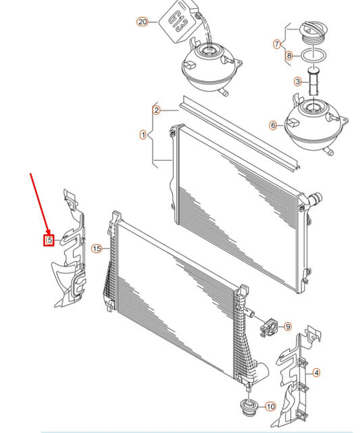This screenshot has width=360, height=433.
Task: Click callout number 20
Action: coord(143,22)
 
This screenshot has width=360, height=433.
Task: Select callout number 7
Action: coord(277,44)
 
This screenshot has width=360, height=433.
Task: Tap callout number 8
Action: coord(289,56)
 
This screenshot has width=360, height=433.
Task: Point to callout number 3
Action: coord(298,82)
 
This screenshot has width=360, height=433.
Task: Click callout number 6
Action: coord(274,126)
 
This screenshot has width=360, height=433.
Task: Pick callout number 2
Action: coord(157,111)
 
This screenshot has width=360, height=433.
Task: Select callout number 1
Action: coord(143,135)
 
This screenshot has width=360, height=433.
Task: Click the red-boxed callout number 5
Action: coord(49,240)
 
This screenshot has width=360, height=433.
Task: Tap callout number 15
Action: coord(97,249)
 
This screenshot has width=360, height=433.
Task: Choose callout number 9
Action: coord(288,327)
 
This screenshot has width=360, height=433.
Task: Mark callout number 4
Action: coord(316,373)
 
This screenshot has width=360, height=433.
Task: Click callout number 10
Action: coord(271,407)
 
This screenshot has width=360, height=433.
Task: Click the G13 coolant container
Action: coord(179,21)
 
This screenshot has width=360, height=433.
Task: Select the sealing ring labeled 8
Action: coord(314,56)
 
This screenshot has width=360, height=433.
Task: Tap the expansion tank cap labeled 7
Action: coord(313,32)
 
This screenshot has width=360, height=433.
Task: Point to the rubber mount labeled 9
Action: coord(268,327)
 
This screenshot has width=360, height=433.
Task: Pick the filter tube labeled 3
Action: coord(313,81)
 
